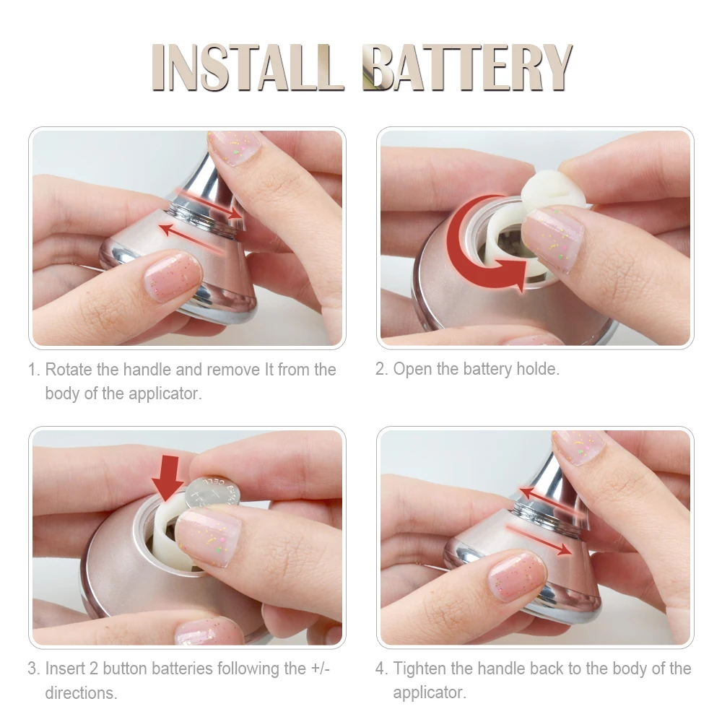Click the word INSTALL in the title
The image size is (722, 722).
248,67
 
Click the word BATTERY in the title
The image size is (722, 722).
467,67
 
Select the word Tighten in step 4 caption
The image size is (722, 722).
419,669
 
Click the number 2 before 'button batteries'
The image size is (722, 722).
93,669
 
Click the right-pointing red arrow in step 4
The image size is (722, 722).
539,539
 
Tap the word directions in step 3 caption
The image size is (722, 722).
81,692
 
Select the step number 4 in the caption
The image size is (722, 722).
380,669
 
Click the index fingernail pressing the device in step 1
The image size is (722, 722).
173,277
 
